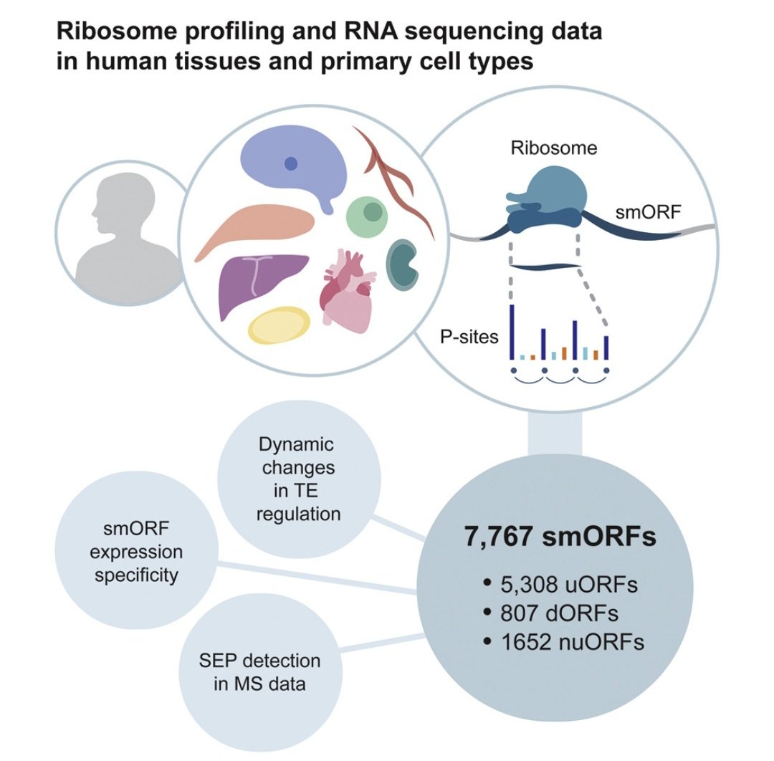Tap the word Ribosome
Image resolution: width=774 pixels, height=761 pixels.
point(554,148)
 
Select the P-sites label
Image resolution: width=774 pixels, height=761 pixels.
point(469,335)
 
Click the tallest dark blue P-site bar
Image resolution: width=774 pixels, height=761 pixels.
point(512,332)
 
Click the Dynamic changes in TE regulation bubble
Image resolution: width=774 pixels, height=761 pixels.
point(297,479)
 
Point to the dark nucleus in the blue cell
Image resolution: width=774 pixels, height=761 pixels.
point(290,163)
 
